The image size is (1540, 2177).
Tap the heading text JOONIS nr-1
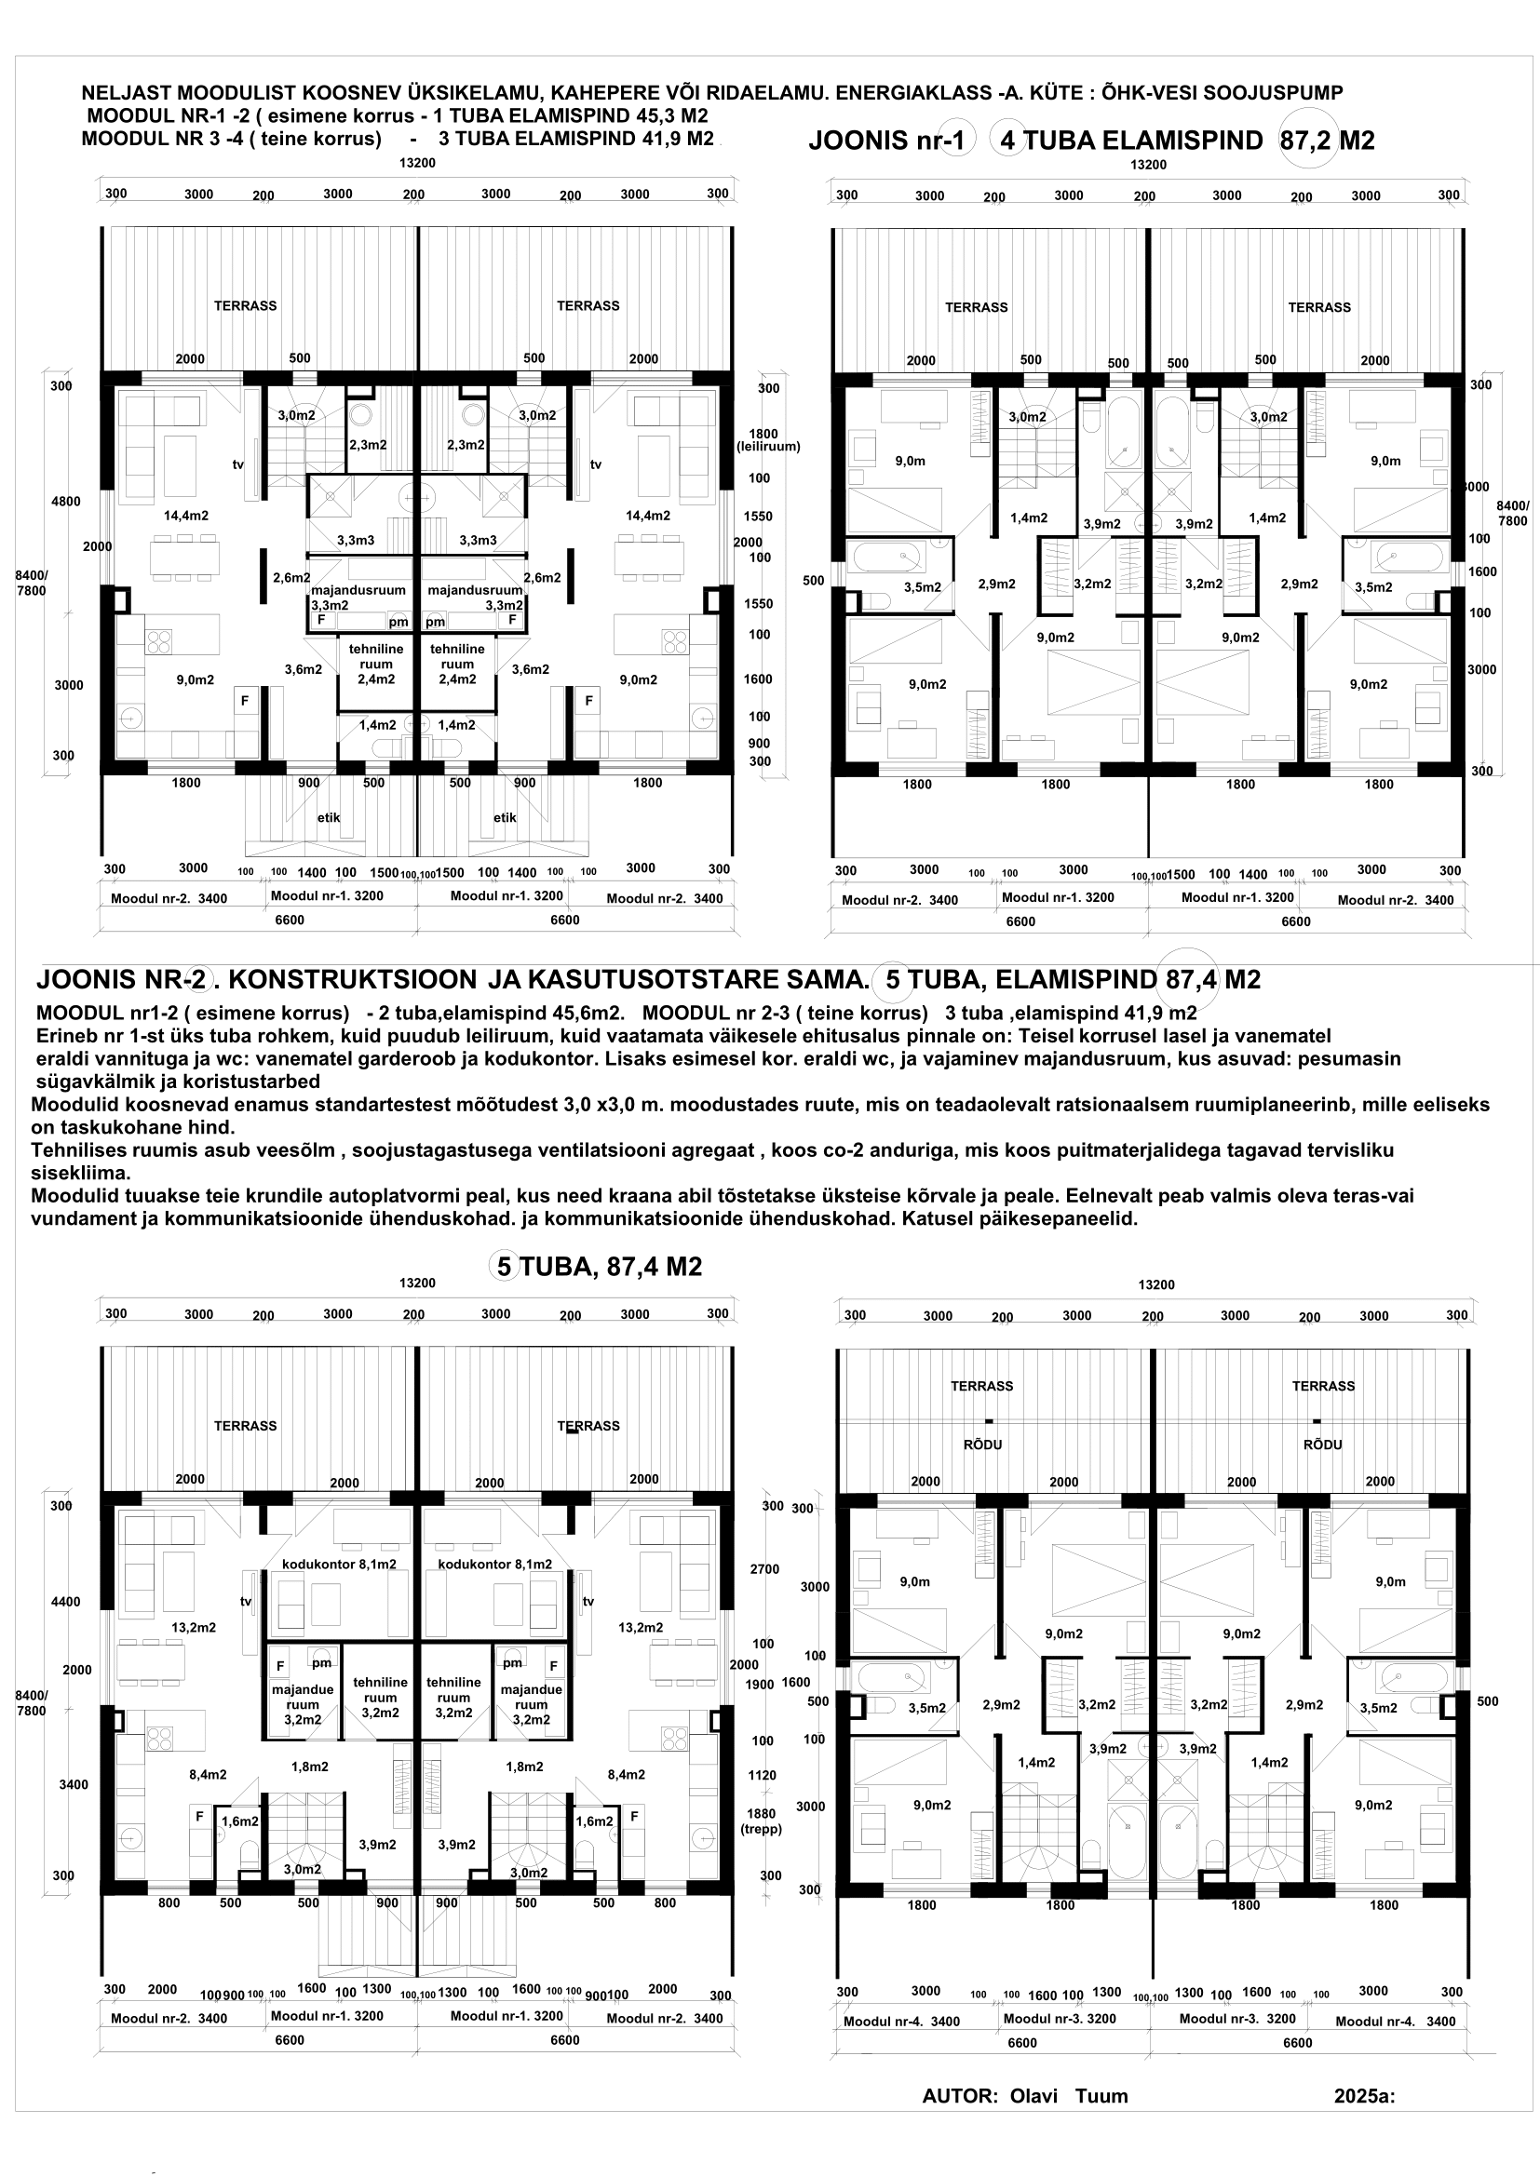(886, 141)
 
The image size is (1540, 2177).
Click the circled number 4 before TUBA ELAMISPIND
(1006, 141)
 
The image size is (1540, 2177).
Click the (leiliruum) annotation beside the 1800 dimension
(769, 447)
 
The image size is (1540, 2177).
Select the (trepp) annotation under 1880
(762, 1829)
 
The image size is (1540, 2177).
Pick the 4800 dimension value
(65, 502)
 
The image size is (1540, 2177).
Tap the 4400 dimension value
(65, 1602)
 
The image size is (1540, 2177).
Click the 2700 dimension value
(764, 1569)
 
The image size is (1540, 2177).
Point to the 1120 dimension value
(762, 1775)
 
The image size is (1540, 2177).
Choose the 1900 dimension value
(761, 1684)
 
